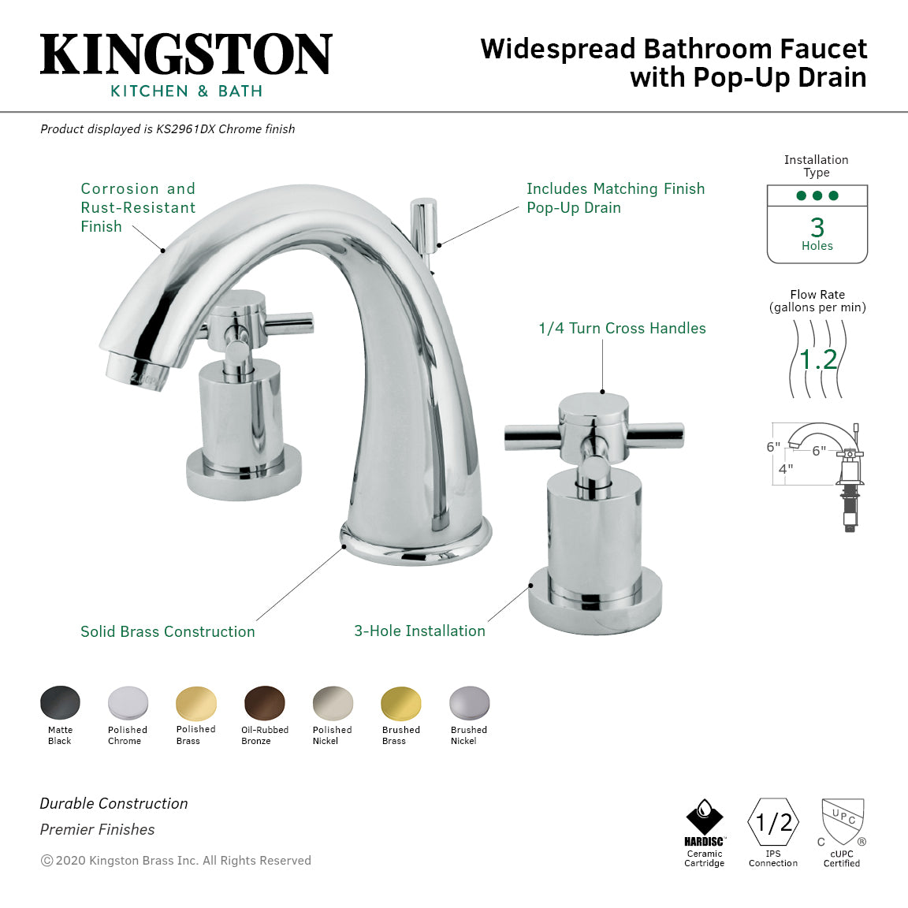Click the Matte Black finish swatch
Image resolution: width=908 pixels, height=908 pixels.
60,702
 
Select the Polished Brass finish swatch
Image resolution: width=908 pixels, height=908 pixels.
196,702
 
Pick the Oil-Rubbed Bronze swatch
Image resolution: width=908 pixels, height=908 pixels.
265,702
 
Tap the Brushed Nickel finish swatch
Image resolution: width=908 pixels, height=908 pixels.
470,702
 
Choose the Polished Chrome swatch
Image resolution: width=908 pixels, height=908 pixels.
128,702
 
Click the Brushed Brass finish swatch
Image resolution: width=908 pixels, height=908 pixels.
401,702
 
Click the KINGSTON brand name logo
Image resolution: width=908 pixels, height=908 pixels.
186,54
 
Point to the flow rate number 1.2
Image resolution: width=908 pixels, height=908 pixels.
818,359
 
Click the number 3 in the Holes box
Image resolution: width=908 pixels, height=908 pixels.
817,227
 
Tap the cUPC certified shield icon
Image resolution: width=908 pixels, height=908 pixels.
843,821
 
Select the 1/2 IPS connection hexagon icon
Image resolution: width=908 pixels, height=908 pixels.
773,823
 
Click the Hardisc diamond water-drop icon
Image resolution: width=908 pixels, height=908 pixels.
705,817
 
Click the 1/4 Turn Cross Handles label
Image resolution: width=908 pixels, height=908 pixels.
622,328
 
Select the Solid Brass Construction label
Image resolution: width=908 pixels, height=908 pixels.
168,631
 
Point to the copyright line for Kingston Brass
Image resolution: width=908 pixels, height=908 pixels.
176,860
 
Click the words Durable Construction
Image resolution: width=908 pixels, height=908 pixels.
114,803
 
